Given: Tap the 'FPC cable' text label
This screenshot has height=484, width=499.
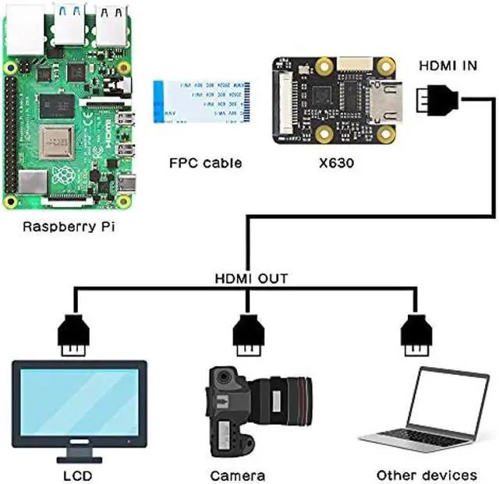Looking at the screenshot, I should pos(205,163).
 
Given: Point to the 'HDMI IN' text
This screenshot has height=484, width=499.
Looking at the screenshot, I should pos(448,65).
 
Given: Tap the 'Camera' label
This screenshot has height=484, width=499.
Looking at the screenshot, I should pos(238,475).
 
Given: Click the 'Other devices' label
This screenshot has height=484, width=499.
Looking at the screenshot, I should pos(426,475).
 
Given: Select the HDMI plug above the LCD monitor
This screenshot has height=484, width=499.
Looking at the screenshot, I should pos(75,333).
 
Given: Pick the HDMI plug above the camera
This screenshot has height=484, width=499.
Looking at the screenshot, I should pos(249,333).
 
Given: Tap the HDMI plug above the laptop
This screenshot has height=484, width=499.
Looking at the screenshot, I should pos(415,333).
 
